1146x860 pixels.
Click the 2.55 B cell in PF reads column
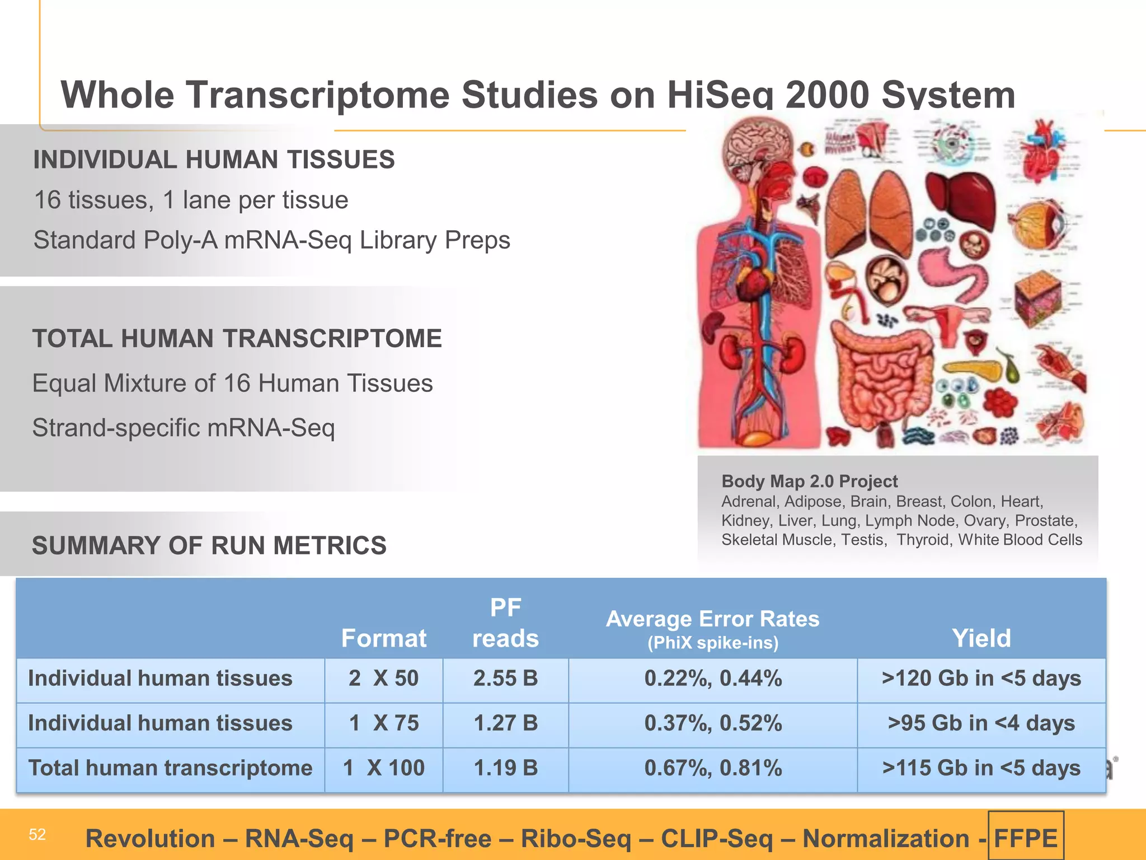click(x=505, y=679)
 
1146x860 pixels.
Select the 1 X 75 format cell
click(x=384, y=723)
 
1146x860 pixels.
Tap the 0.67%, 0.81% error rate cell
click(x=713, y=768)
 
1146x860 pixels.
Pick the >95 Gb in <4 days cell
click(x=981, y=723)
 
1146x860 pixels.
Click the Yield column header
click(x=981, y=638)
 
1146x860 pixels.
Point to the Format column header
click(x=384, y=638)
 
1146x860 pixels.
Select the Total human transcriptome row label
click(x=170, y=768)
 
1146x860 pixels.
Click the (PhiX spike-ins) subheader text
click(x=713, y=643)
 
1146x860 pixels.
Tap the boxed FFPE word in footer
click(x=1026, y=839)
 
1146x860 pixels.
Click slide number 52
click(x=37, y=835)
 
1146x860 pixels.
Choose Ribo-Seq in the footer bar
click(x=576, y=839)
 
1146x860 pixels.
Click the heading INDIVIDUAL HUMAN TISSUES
click(x=214, y=160)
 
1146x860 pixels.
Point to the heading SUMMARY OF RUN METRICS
click(x=209, y=546)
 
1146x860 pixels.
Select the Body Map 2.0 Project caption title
click(x=809, y=482)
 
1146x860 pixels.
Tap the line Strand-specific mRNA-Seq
click(x=184, y=428)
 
